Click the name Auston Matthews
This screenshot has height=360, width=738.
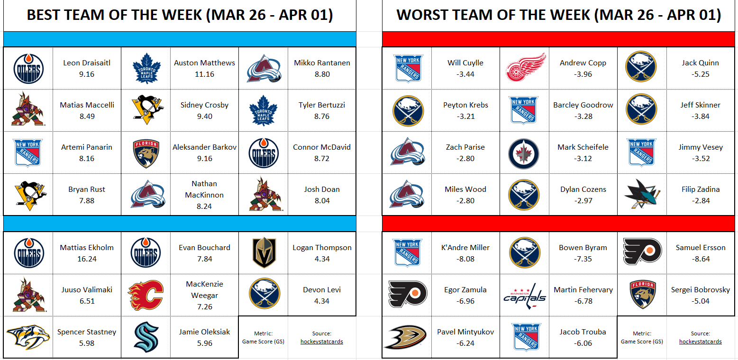pos(204,63)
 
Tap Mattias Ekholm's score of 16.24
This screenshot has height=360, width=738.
pos(87,259)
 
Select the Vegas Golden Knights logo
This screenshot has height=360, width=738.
pos(264,252)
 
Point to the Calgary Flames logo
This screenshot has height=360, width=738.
pos(146,295)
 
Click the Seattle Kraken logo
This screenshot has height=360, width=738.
pos(146,337)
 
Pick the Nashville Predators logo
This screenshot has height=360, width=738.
pos(28,337)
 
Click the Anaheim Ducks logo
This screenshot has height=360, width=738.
pos(406,337)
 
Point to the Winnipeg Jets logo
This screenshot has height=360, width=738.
pos(523,154)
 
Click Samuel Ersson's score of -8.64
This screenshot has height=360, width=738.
pos(701,259)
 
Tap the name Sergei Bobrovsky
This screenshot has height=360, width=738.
pos(701,290)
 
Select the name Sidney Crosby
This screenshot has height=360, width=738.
pos(204,105)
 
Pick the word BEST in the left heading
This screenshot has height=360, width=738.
pos(46,15)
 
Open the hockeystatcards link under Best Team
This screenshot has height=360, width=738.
pos(321,342)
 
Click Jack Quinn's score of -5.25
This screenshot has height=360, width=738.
pos(701,74)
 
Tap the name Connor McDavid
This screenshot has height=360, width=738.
pos(321,147)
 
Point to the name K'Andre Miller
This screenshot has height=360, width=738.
pos(465,248)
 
